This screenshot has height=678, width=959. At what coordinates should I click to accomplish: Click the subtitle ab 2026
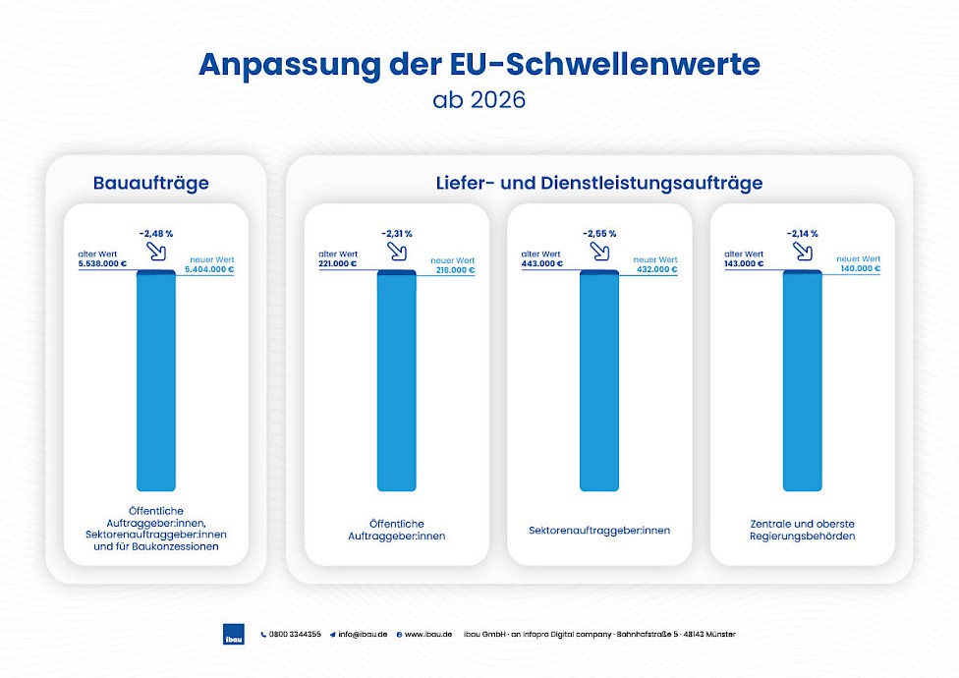pyautogui.click(x=479, y=100)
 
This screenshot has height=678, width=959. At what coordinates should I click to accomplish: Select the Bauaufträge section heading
pyautogui.click(x=151, y=183)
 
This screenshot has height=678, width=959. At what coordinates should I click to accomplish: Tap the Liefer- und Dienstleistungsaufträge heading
pyautogui.click(x=599, y=183)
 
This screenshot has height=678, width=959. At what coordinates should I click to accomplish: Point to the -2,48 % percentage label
pyautogui.click(x=156, y=233)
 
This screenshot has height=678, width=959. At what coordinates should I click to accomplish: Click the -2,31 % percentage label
pyautogui.click(x=396, y=233)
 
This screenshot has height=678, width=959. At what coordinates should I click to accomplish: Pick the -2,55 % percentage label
pyautogui.click(x=598, y=233)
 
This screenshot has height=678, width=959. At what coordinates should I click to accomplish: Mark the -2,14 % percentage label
pyautogui.click(x=802, y=233)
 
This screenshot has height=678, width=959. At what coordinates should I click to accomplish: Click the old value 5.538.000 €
pyautogui.click(x=102, y=264)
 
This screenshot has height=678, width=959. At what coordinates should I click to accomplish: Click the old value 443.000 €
pyautogui.click(x=542, y=264)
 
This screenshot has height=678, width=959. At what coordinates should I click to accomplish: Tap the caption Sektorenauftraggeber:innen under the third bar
pyautogui.click(x=598, y=531)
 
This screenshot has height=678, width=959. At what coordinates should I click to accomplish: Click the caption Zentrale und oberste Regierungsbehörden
pyautogui.click(x=802, y=531)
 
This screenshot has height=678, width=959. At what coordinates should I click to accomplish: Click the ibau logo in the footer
pyautogui.click(x=234, y=634)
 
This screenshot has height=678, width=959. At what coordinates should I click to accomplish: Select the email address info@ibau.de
pyautogui.click(x=363, y=635)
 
